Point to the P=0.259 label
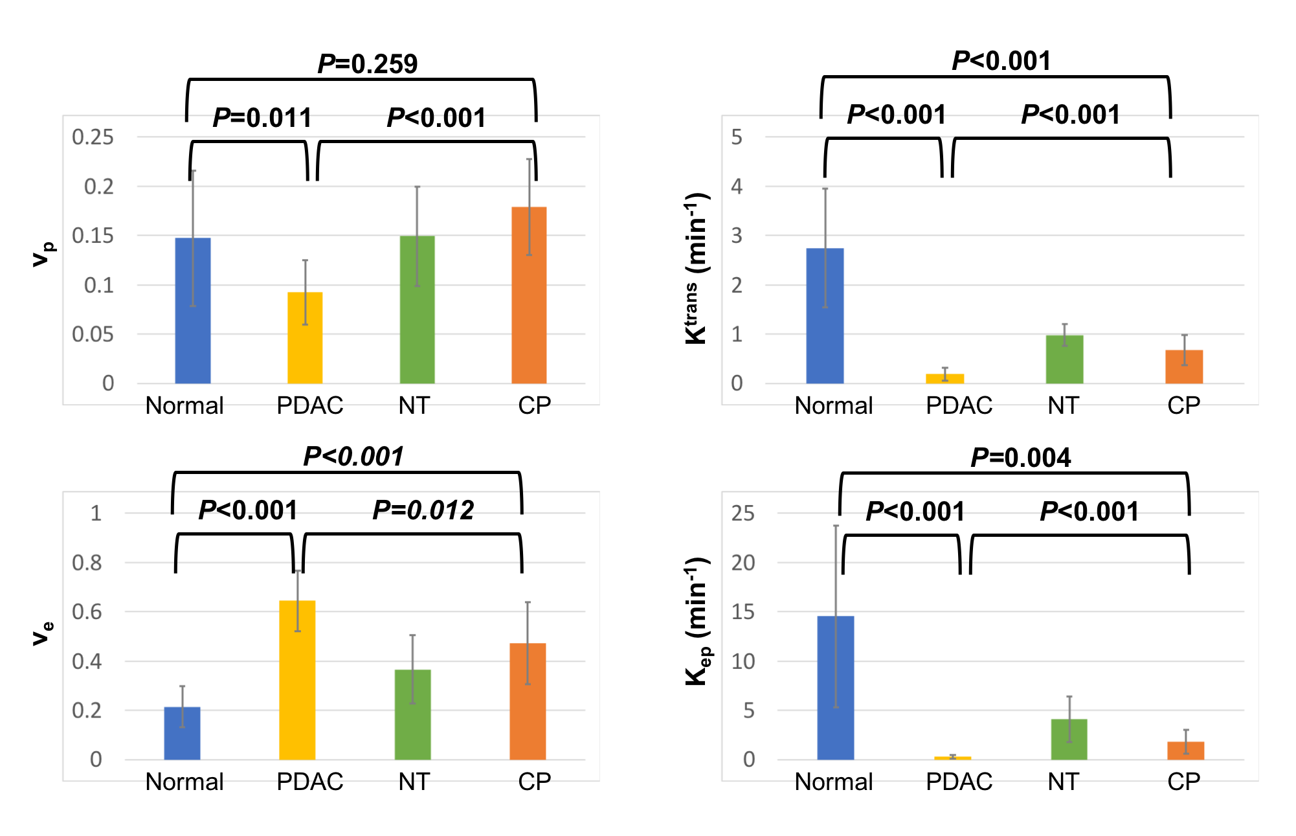coord(368,64)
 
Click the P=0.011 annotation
coord(262,118)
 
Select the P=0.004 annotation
coord(1021,458)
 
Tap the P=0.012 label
coord(423,510)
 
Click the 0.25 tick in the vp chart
coord(93,137)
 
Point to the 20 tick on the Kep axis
coord(743,563)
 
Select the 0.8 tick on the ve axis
coord(87,563)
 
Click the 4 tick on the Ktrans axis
coord(737,186)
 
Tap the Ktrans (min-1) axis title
coord(697,269)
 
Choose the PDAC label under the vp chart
coord(309,405)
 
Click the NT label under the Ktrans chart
coord(1063,405)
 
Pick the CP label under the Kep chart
coord(1183,782)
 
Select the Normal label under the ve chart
coord(184,782)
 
